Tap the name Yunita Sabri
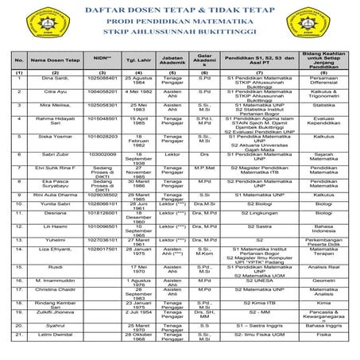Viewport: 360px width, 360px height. [49, 203]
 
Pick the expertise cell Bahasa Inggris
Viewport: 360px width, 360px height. [322, 327]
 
